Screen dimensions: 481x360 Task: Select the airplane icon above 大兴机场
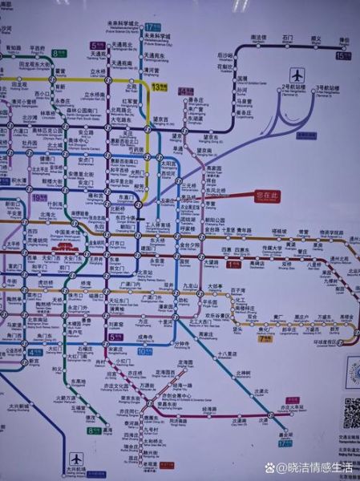point(75,459)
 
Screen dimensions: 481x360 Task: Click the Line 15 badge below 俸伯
point(343,56)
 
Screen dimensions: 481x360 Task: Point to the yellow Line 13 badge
point(158,83)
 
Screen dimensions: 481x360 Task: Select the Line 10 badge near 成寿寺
point(143,350)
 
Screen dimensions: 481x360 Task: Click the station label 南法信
point(258,37)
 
